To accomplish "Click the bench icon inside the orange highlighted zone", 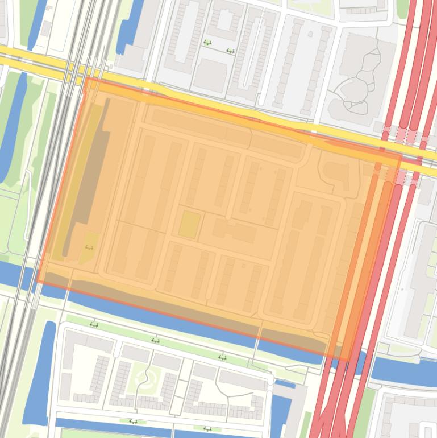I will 89,247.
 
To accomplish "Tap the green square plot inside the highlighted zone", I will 189,224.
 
